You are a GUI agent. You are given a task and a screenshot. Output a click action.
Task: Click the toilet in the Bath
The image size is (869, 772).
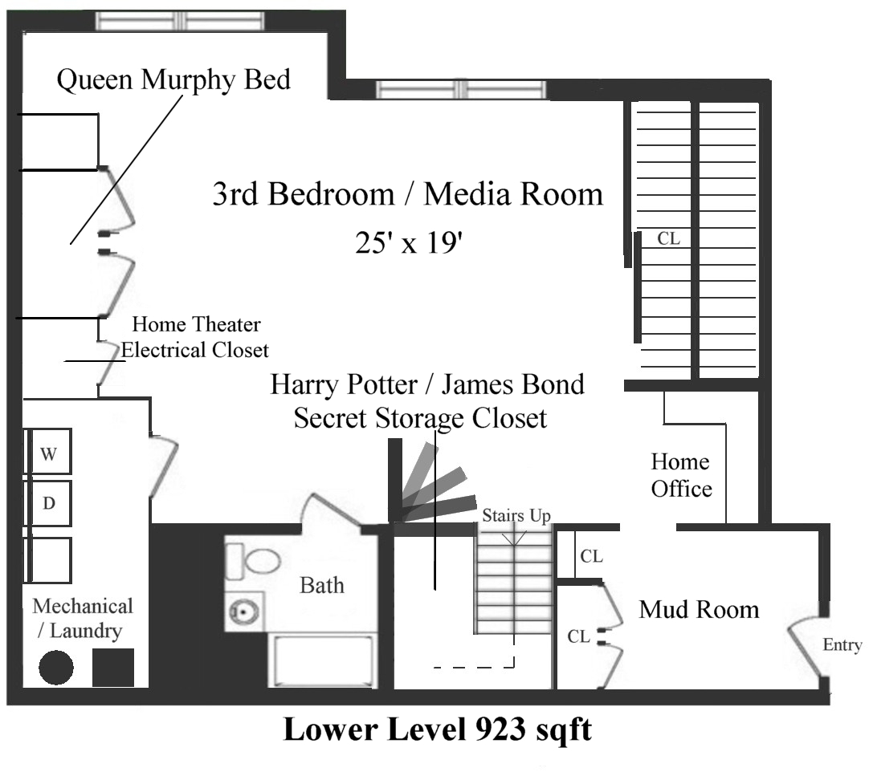point(254,560)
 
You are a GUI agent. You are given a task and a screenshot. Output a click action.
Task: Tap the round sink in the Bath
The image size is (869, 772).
point(239,613)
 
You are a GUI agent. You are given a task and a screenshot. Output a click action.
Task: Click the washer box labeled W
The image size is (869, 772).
point(50,453)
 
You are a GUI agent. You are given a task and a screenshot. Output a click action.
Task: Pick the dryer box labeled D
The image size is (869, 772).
point(50,504)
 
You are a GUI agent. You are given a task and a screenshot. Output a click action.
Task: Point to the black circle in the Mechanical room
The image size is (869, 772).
point(56,667)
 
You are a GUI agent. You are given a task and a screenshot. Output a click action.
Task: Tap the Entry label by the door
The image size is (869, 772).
point(842,645)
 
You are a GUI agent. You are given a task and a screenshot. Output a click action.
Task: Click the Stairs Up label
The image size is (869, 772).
point(516,516)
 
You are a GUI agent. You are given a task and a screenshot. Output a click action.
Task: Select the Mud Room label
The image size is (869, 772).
point(699,610)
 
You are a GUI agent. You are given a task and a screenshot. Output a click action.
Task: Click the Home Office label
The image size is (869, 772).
point(681,475)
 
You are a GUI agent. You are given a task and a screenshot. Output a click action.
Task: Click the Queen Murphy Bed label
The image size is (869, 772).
point(173,80)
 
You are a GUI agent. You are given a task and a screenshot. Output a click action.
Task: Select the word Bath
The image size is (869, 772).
point(321,585)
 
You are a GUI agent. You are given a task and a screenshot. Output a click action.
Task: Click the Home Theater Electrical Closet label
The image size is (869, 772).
point(195,337)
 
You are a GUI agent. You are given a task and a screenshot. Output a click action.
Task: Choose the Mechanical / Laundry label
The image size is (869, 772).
point(83,618)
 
